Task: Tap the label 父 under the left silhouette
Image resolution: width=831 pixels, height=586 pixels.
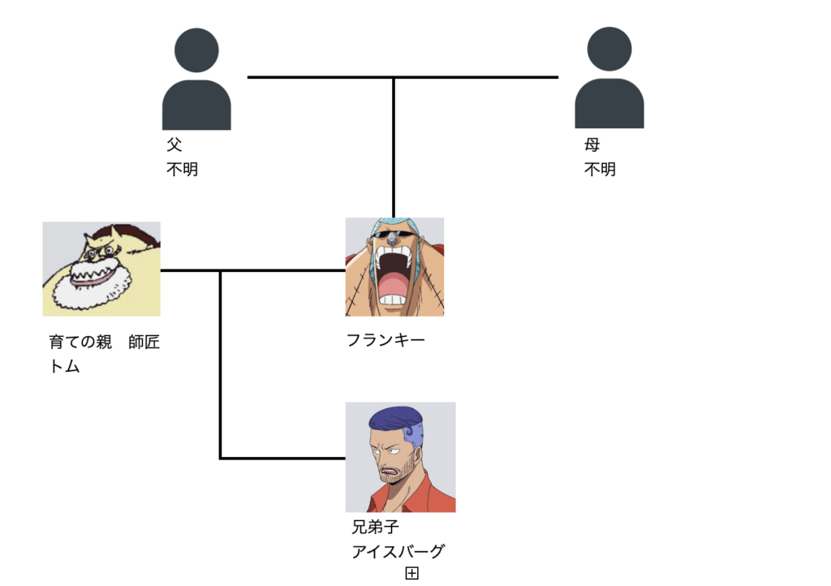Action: [x=174, y=145]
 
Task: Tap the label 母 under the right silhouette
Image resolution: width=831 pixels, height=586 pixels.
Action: [x=592, y=145]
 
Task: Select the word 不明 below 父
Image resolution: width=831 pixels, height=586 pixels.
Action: [x=182, y=170]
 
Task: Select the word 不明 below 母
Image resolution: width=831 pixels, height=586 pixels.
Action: [x=600, y=170]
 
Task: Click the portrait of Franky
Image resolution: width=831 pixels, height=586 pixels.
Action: [x=394, y=266]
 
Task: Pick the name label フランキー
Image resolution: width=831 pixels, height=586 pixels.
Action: [x=385, y=340]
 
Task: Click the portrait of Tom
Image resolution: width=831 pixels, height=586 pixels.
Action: [x=101, y=268]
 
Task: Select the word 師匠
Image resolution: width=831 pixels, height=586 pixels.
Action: [x=144, y=343]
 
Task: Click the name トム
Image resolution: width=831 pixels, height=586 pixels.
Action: [x=65, y=366]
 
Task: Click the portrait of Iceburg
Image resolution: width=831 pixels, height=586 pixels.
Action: [x=400, y=457]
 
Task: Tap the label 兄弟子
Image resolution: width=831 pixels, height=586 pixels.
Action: [x=375, y=528]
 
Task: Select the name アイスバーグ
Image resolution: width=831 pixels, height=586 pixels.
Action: [x=398, y=552]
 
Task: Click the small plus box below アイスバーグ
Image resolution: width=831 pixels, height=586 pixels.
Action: [x=411, y=574]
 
